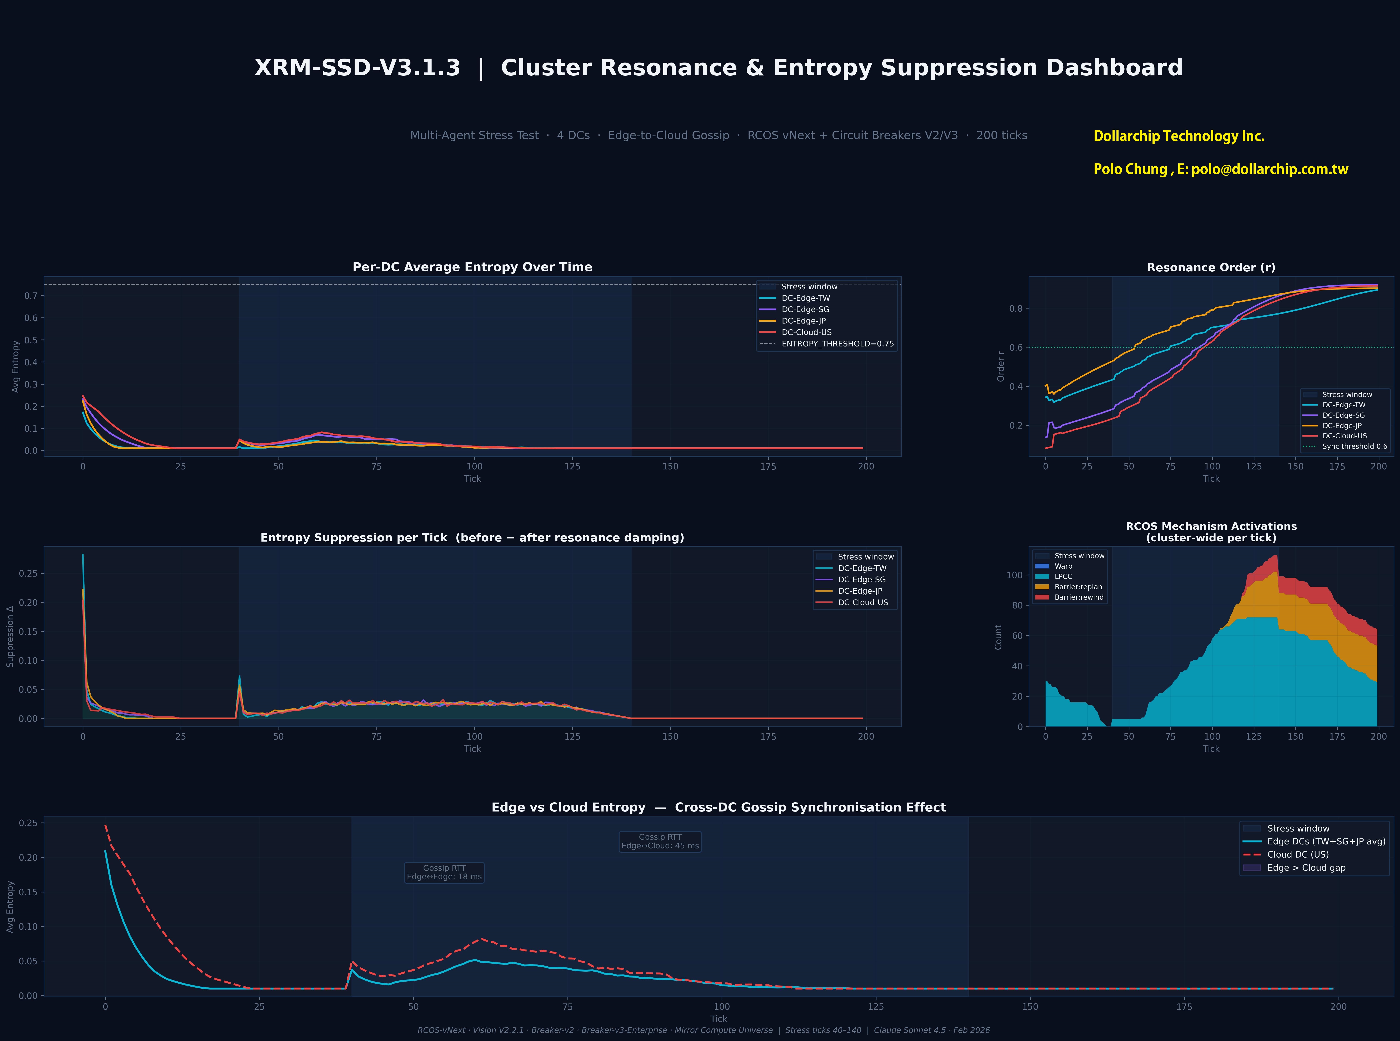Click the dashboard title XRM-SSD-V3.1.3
pos(357,68)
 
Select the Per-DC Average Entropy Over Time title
pos(472,267)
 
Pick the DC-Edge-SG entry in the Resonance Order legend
pos(1343,415)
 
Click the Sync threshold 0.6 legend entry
pos(1354,446)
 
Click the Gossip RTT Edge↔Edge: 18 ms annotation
pos(444,873)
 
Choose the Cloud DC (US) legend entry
pos(1297,854)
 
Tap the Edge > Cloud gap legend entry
pos(1306,868)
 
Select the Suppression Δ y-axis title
pos(10,636)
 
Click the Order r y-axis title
pos(1001,366)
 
